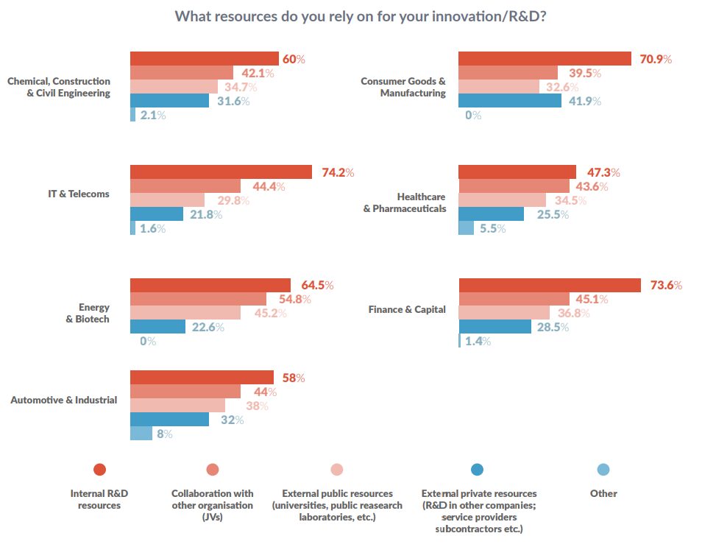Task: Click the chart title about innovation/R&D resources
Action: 360,16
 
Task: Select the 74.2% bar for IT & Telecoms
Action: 221,172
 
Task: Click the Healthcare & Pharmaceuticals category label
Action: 404,202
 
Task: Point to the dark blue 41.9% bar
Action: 509,101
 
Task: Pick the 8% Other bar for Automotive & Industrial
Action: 141,434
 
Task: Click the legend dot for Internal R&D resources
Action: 99,470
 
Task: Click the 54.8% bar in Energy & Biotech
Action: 198,299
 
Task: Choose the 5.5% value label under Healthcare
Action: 492,228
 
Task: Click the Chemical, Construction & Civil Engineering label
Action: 59,87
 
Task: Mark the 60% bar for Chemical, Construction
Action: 204,59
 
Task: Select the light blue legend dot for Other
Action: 603,470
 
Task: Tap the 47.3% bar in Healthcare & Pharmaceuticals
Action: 517,172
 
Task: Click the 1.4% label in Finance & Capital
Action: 478,341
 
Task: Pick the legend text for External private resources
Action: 478,510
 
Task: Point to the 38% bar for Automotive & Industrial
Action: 177,406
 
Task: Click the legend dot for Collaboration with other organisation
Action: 213,470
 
